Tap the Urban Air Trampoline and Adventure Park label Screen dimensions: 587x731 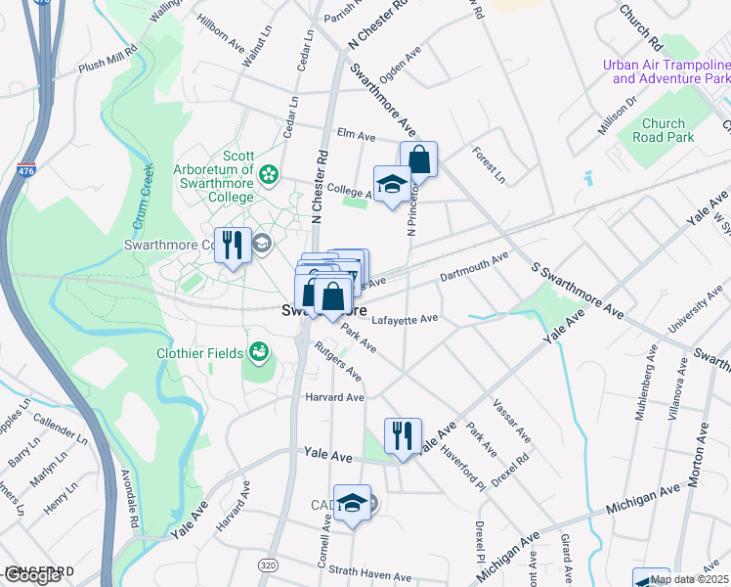(x=666, y=71)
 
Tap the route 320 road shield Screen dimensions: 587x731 (x=268, y=565)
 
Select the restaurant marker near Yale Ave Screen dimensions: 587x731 (x=403, y=433)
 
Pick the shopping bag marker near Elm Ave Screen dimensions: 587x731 (x=418, y=158)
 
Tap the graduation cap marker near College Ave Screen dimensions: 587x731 (x=392, y=182)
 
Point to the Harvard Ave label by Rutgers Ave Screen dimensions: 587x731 (x=334, y=397)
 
